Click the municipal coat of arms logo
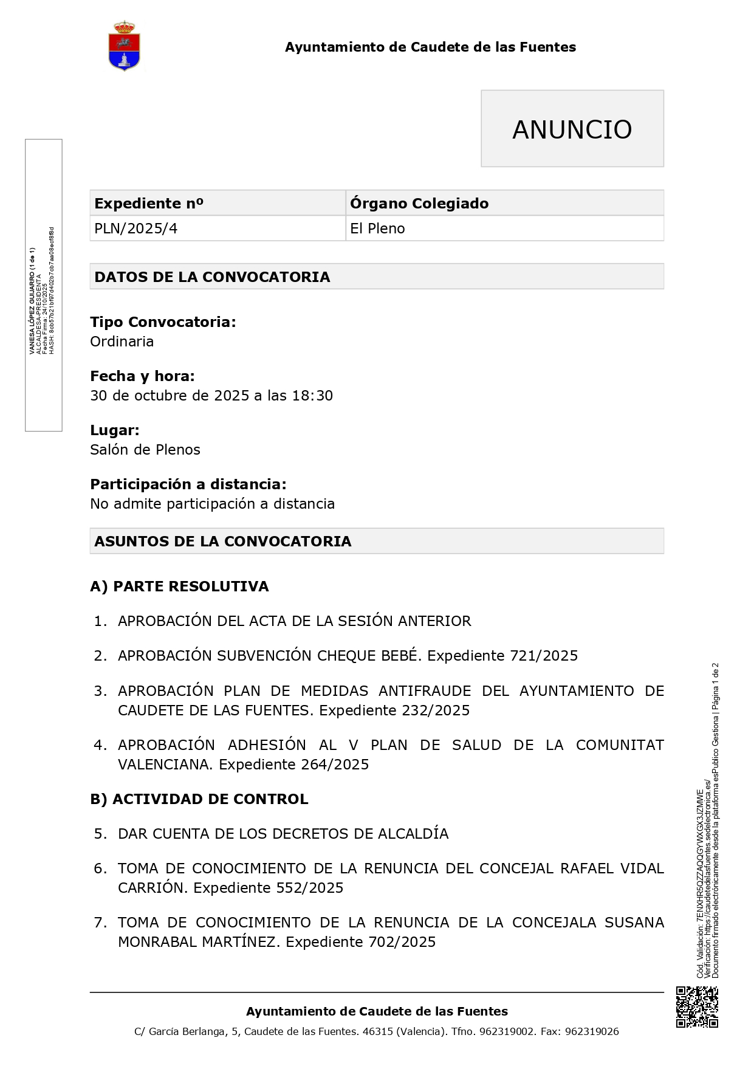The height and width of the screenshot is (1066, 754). coord(125,46)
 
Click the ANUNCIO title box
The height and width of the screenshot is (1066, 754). coord(572,129)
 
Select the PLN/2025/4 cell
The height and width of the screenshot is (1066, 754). coord(136,229)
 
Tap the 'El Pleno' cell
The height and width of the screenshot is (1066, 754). coord(377,229)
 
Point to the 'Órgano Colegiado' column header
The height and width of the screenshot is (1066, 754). coord(419,203)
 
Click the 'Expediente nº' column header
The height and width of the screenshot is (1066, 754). coord(149,203)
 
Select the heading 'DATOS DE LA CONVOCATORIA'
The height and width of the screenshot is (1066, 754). coord(213,277)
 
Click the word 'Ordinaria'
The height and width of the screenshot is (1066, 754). coord(122,342)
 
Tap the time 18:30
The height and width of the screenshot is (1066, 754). coord(312,396)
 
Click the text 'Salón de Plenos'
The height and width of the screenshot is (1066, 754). coord(145,450)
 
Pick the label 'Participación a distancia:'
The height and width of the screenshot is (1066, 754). coord(188,484)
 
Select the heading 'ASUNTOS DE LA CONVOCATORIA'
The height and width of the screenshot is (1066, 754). coord(223,542)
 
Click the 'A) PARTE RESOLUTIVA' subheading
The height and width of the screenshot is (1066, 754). coord(179,586)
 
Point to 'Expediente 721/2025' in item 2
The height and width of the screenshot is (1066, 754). coord(502,656)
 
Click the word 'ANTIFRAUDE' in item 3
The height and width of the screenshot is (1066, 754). coord(425,691)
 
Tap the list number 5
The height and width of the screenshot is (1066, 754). coord(101,834)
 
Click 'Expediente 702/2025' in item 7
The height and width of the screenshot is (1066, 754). coord(361,942)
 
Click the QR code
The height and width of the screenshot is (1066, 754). coord(697,1007)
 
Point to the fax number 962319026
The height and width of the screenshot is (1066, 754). coord(592,1031)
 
